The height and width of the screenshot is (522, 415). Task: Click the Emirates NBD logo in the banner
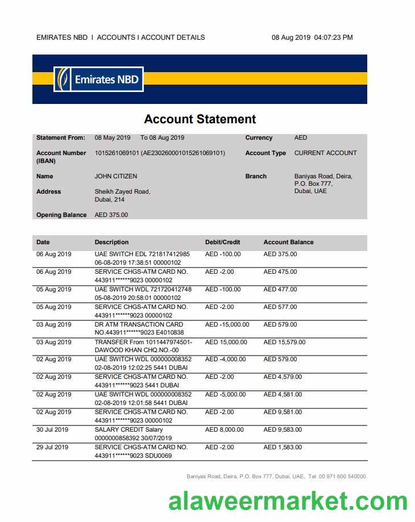pos(98,80)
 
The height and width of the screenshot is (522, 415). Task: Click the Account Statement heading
pos(200,119)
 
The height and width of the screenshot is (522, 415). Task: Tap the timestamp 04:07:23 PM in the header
pos(333,37)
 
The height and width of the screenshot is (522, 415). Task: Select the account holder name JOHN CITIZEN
pos(115,176)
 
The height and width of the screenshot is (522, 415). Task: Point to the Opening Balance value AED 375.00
pos(111,215)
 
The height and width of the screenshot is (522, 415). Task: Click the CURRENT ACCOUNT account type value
pos(325,153)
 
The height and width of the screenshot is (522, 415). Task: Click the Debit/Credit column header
pos(222,242)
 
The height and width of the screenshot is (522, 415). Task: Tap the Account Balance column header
pos(288,242)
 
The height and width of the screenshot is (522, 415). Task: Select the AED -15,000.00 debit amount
pos(227,324)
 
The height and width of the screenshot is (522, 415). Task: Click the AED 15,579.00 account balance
pos(284,342)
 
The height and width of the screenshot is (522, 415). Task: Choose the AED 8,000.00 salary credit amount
pos(224,429)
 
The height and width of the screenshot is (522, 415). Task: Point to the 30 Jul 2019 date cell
pos(52,429)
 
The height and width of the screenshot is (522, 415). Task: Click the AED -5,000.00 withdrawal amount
pos(225,394)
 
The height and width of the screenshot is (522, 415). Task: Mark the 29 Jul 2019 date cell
pos(52,447)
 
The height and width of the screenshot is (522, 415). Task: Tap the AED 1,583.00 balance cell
pos(283,447)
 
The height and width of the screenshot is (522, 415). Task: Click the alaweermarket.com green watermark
pos(288,501)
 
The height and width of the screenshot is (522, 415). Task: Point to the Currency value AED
pos(300,137)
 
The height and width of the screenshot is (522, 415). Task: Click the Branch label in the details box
pos(256,176)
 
